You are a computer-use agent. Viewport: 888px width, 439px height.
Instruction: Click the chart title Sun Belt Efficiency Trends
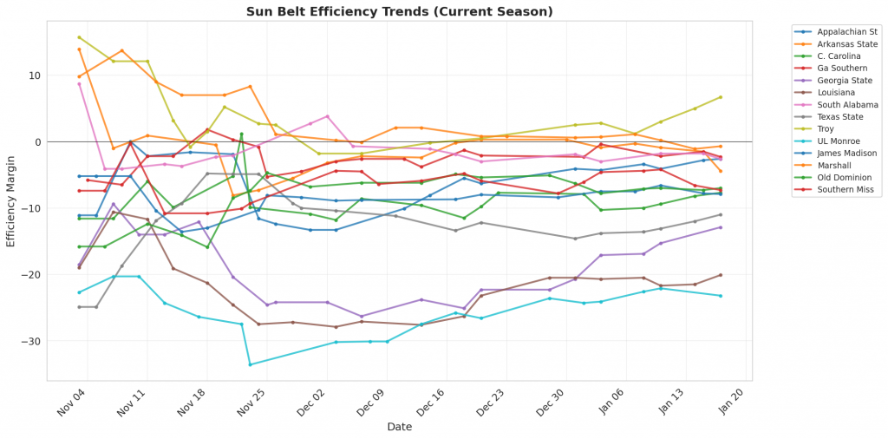click(399, 11)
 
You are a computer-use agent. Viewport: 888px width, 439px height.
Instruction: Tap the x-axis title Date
click(400, 427)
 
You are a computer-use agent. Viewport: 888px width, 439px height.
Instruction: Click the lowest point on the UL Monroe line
click(250, 364)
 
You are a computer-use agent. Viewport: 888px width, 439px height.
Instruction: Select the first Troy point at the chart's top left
click(79, 37)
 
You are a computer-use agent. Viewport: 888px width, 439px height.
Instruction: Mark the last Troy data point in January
click(720, 97)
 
